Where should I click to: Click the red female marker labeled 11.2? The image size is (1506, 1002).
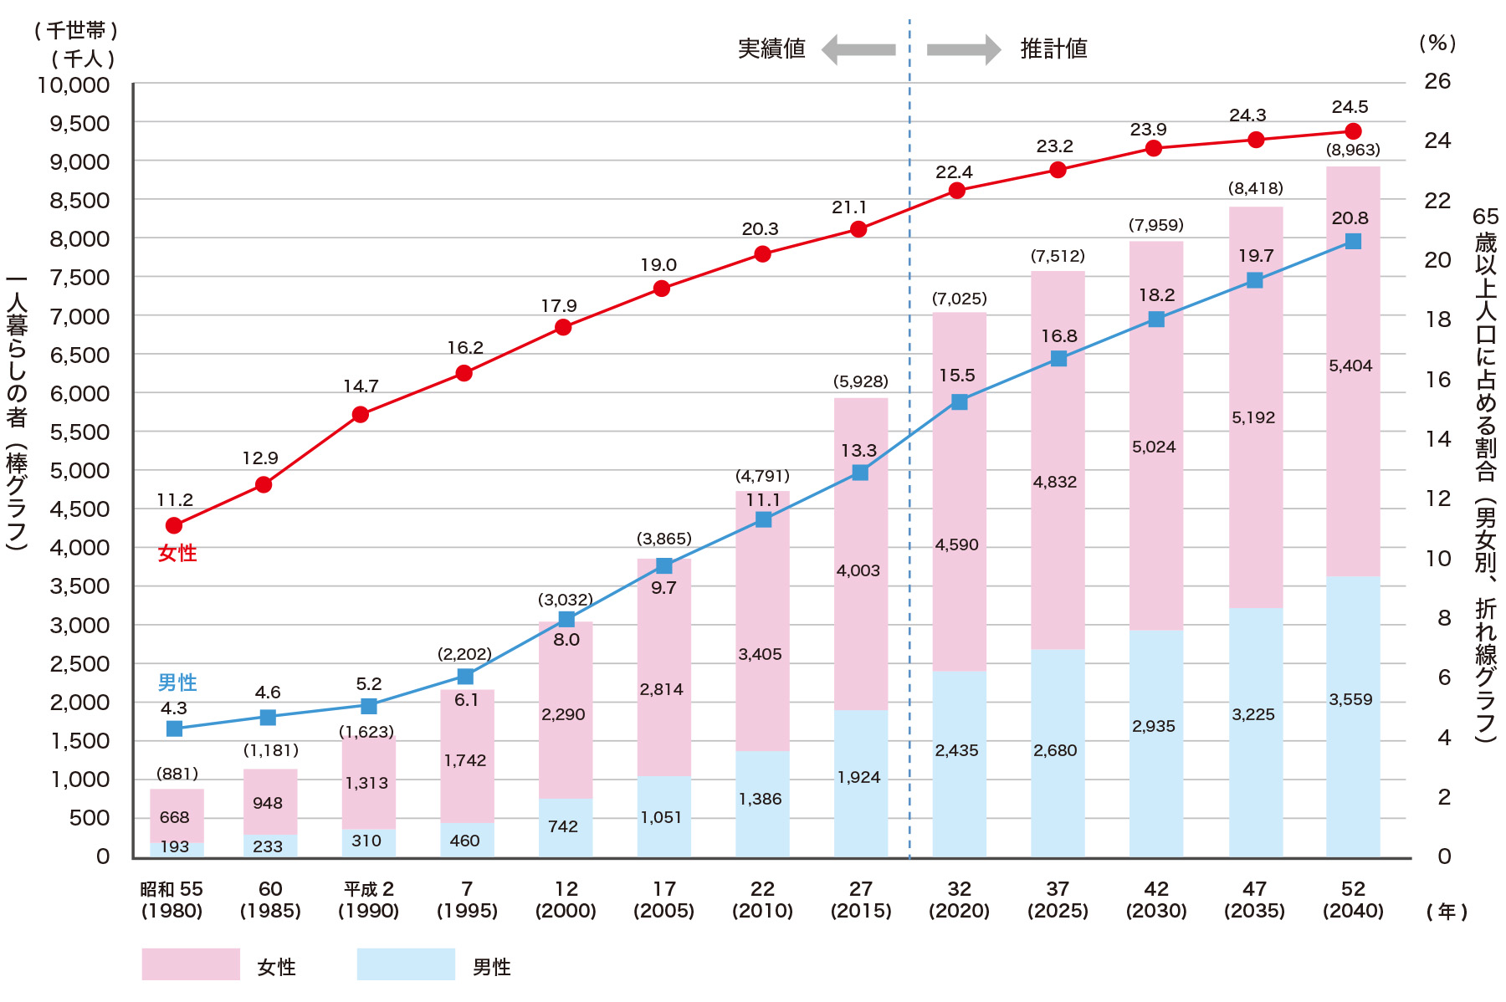pos(174,525)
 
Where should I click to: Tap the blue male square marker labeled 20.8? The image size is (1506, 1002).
pos(1353,242)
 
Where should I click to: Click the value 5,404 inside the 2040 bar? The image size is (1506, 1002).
pos(1350,366)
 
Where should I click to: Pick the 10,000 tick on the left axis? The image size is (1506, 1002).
pos(74,85)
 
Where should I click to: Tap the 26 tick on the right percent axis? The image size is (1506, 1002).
pos(1437,82)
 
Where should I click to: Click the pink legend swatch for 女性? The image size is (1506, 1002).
pos(191,964)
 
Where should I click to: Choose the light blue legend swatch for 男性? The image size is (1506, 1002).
pos(406,964)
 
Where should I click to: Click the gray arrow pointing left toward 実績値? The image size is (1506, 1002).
pos(858,50)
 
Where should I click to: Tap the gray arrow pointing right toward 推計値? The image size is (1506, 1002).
pos(964,50)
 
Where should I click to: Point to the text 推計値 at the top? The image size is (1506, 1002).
pos(1053,49)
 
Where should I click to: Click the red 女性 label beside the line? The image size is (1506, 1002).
pos(177,553)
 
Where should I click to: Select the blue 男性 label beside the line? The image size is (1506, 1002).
pos(177,682)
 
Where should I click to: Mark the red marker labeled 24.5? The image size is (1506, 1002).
pos(1353,131)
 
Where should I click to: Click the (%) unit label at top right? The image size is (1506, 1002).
pos(1437,43)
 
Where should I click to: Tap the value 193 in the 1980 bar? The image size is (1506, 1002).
pos(175,846)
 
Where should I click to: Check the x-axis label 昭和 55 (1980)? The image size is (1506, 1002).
pos(172,900)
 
